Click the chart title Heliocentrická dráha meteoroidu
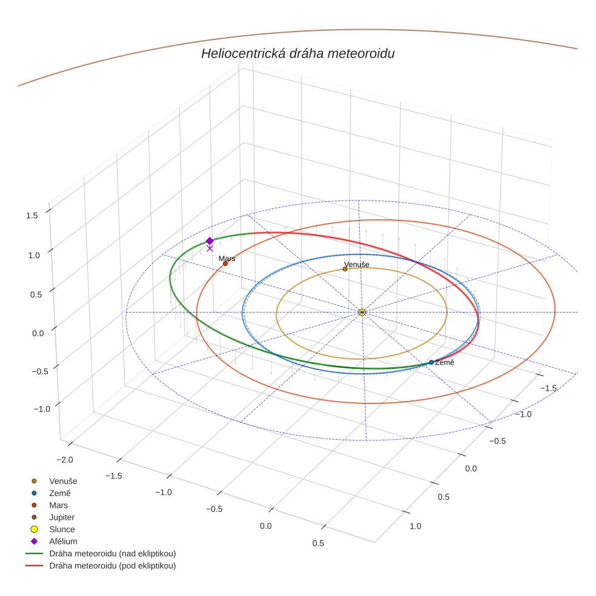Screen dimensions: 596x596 pyautogui.click(x=297, y=54)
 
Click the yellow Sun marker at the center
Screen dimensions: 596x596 pyautogui.click(x=362, y=312)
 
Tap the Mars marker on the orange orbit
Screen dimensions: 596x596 pyautogui.click(x=225, y=263)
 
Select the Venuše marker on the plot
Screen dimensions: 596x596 pyautogui.click(x=345, y=269)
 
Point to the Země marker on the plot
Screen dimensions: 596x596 pyautogui.click(x=431, y=362)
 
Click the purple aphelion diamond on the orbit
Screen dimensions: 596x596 pyautogui.click(x=210, y=240)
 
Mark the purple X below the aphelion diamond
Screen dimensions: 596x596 pyautogui.click(x=210, y=248)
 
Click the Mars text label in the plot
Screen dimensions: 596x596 pyautogui.click(x=227, y=259)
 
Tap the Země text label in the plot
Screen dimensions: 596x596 pyautogui.click(x=445, y=362)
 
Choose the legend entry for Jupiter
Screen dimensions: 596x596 pyautogui.click(x=62, y=517)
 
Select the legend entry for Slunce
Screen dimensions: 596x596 pyautogui.click(x=62, y=529)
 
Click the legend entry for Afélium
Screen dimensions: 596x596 pyautogui.click(x=63, y=541)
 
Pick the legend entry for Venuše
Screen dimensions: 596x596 pyautogui.click(x=63, y=481)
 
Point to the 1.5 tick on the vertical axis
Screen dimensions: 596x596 pyautogui.click(x=33, y=215)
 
